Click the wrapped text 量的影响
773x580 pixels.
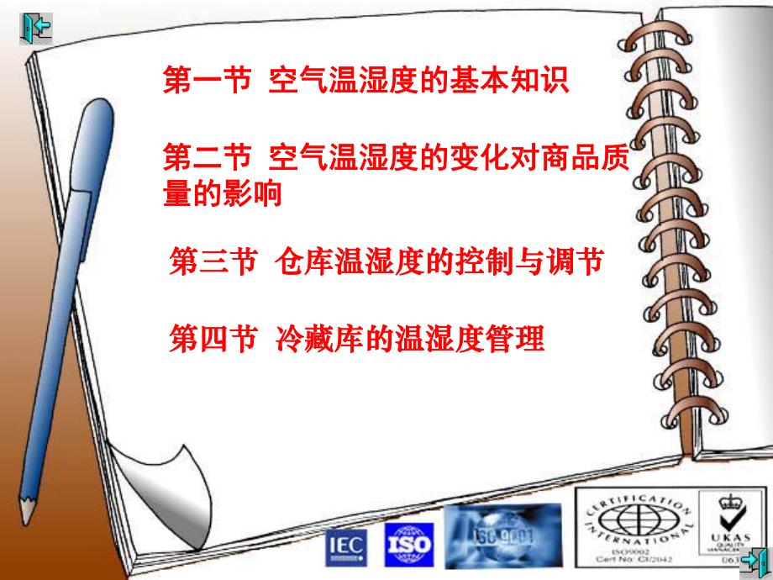(x=222, y=194)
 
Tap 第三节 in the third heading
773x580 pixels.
(x=213, y=261)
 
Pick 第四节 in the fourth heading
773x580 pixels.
(x=213, y=340)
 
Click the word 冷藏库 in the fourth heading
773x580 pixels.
(x=318, y=340)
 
